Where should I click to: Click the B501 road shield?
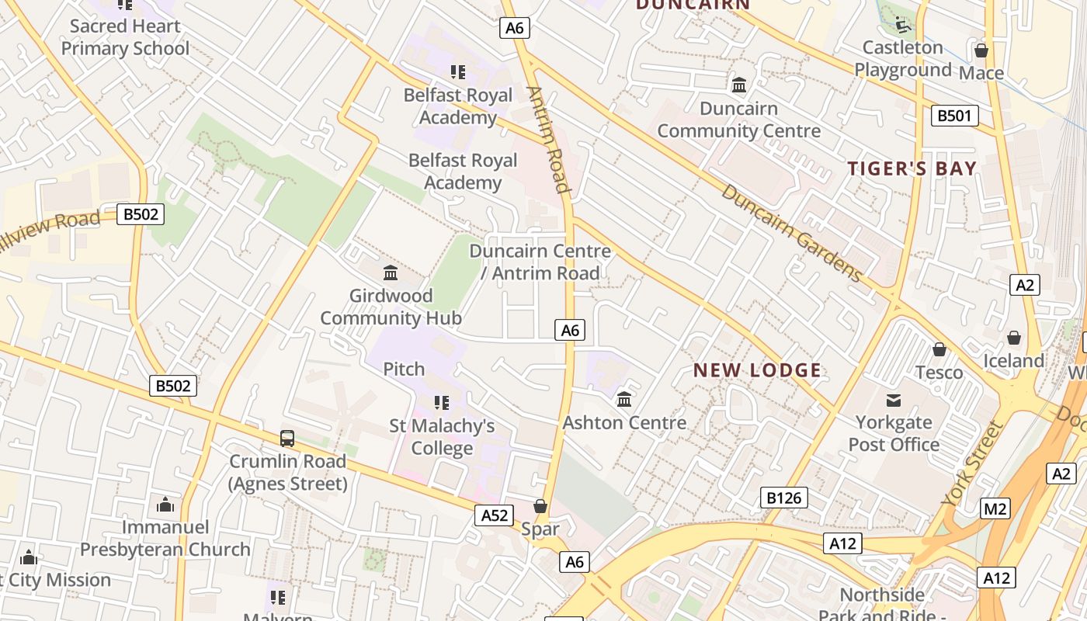954,116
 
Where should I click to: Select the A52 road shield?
495,515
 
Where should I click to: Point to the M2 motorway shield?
995,508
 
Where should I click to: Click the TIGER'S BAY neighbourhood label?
912,168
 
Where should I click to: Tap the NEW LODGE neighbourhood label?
757,370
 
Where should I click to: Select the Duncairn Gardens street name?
791,233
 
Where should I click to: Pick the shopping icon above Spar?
540,506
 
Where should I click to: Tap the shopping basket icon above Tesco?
939,349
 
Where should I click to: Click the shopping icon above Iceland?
1014,338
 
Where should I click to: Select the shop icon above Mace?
981,50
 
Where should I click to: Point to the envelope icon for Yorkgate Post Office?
894,401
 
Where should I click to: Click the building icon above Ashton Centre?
624,400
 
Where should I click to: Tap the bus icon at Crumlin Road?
287,438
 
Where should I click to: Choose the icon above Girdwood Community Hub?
391,273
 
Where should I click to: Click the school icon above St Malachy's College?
442,403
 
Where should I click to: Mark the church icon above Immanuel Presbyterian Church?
165,505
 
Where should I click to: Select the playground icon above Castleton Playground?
902,25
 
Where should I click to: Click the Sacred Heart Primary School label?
125,37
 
